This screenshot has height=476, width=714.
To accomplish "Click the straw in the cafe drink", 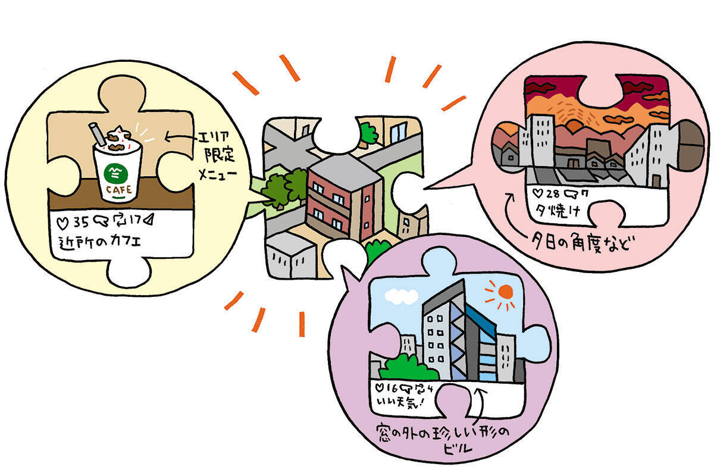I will click(x=96, y=134).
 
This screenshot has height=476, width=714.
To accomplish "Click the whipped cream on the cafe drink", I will click(x=118, y=140).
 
